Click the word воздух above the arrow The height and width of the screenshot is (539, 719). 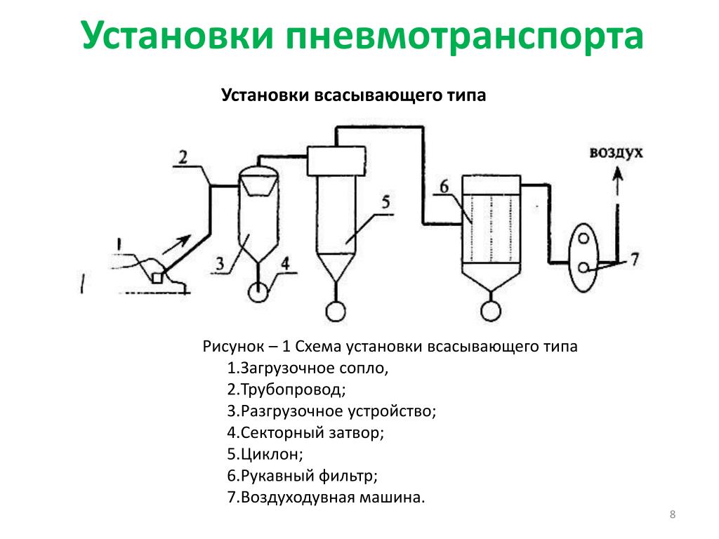point(616,152)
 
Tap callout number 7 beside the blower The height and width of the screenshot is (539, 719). point(635,260)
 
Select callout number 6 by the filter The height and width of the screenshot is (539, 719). point(444,187)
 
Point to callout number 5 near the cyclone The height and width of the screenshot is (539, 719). point(385,201)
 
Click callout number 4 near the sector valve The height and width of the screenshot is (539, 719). point(285,264)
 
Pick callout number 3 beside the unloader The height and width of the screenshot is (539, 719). point(220,264)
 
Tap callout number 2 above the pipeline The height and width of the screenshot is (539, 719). point(183,157)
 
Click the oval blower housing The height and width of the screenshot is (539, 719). point(569,257)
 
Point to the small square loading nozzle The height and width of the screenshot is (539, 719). point(157,278)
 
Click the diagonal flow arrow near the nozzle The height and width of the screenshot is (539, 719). point(176,245)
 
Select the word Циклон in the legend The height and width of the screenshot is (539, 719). point(272,454)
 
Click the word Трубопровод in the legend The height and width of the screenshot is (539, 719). point(293,390)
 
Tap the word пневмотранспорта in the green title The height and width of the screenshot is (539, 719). point(465,36)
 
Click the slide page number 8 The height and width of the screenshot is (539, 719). point(673,514)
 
